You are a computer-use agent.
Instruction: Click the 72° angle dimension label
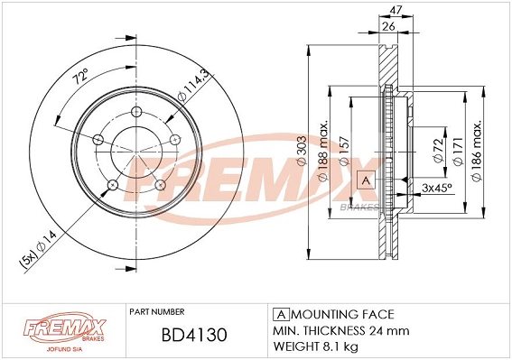(79, 80)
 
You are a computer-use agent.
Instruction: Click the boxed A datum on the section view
(366, 180)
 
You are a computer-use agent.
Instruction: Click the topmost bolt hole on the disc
(136, 111)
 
